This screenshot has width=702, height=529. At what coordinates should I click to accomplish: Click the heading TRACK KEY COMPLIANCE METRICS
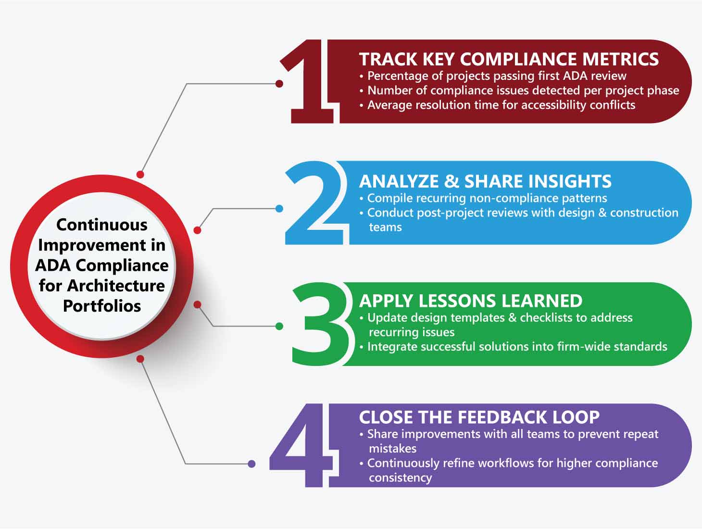point(509,59)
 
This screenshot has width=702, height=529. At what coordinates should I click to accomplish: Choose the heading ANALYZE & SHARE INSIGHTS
point(485,181)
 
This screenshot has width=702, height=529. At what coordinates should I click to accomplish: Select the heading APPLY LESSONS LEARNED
point(471,301)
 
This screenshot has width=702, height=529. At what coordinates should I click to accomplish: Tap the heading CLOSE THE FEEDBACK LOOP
point(479,417)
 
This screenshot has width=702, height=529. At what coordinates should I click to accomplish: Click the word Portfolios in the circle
point(102,306)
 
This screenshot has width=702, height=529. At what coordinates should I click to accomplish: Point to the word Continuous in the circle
point(102,225)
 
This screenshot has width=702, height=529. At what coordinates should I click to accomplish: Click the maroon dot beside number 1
point(279,84)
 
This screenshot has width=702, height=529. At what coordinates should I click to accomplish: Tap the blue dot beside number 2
point(279,209)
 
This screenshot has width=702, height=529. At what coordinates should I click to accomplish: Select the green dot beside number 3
point(279,326)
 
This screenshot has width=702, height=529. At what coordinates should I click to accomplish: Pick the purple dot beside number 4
point(251,464)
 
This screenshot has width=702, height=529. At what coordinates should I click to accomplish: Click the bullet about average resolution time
point(497,105)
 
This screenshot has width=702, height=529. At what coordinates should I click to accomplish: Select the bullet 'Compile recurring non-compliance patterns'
point(483,198)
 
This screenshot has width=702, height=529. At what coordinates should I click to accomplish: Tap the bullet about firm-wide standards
point(514,347)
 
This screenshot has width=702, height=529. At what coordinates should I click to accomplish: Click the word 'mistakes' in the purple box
point(393,449)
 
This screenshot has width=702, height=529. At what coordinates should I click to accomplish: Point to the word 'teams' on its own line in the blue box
point(386,227)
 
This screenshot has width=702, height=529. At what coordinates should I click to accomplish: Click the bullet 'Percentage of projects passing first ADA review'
point(493,76)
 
